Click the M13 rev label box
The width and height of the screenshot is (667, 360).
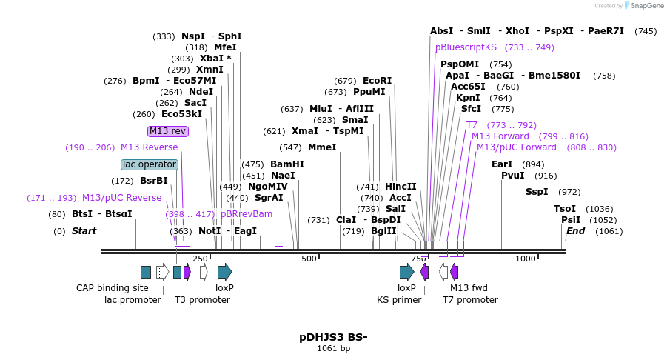click(x=168, y=131)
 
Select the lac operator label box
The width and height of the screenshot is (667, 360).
click(x=150, y=164)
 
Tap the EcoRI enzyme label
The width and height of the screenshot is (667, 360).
click(x=377, y=81)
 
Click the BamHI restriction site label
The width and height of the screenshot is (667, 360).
click(x=287, y=164)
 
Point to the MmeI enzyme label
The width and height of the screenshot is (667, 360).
click(x=322, y=147)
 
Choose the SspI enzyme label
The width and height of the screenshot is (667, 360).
click(x=537, y=192)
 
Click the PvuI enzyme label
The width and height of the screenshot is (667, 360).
click(x=513, y=176)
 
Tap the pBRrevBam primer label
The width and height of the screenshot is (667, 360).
click(x=247, y=214)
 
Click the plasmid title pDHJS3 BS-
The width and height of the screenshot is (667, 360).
click(x=333, y=337)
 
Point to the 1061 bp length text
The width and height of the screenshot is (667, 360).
click(x=333, y=349)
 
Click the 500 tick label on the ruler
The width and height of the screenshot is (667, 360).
click(x=309, y=259)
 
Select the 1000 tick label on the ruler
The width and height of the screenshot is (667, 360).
click(x=526, y=259)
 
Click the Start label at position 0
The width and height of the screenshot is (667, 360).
click(x=84, y=231)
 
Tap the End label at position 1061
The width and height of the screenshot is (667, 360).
click(x=576, y=231)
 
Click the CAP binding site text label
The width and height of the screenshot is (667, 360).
click(x=113, y=287)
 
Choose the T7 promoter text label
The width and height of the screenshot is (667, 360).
click(x=470, y=300)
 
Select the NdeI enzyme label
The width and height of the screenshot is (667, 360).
click(x=201, y=92)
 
